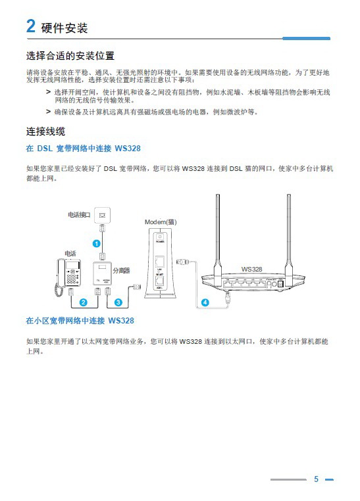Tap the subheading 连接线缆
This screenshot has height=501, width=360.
click(x=45, y=131)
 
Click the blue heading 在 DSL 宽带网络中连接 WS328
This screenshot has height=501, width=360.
click(x=83, y=149)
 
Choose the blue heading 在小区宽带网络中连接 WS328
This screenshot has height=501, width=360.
click(x=80, y=321)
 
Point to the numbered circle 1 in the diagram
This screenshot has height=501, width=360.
click(x=96, y=243)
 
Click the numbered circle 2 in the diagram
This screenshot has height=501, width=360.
click(x=83, y=302)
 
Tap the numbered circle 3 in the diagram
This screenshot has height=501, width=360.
click(x=118, y=302)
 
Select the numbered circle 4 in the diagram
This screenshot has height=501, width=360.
click(x=205, y=302)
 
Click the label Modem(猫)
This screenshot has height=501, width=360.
click(x=161, y=222)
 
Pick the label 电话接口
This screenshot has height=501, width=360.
click(x=79, y=215)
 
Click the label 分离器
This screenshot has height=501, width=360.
click(x=121, y=270)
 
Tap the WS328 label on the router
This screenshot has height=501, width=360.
click(x=251, y=269)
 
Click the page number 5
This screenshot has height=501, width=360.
click(x=316, y=479)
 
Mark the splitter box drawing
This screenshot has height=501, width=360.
click(x=102, y=274)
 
